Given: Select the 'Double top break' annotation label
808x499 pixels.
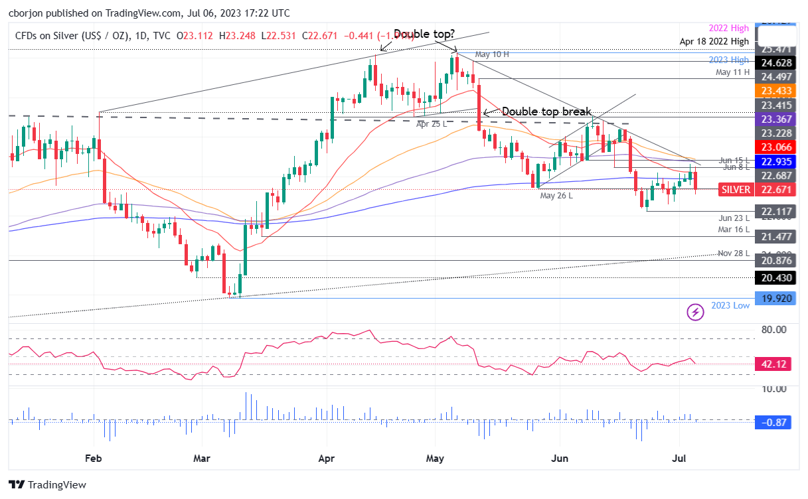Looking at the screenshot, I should point(546,112).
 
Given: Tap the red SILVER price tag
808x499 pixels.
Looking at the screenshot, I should point(735,190).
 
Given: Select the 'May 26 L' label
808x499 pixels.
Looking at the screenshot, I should point(556,196).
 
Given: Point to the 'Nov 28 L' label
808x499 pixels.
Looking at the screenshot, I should point(734,253).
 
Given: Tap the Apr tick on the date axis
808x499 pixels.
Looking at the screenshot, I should point(325,458).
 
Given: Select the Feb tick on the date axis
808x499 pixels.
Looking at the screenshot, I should point(94,458).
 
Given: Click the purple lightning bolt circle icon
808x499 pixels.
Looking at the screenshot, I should point(695,311).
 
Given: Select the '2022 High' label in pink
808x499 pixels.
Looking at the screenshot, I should point(728,28).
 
